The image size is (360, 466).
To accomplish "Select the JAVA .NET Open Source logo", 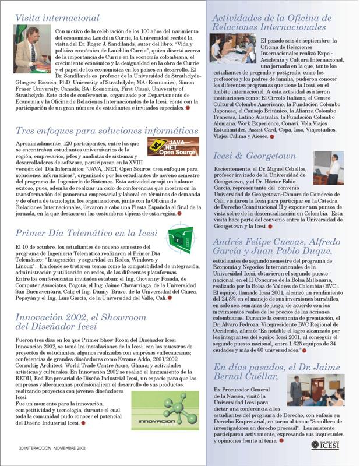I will pos(173,147).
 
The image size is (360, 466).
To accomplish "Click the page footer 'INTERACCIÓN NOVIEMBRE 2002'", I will pos(52,450).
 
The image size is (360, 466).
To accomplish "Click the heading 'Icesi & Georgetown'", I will pos(255,157).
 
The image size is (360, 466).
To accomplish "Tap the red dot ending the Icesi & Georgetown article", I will pos(269,227).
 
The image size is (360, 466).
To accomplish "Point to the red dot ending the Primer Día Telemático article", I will pos(169,298).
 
